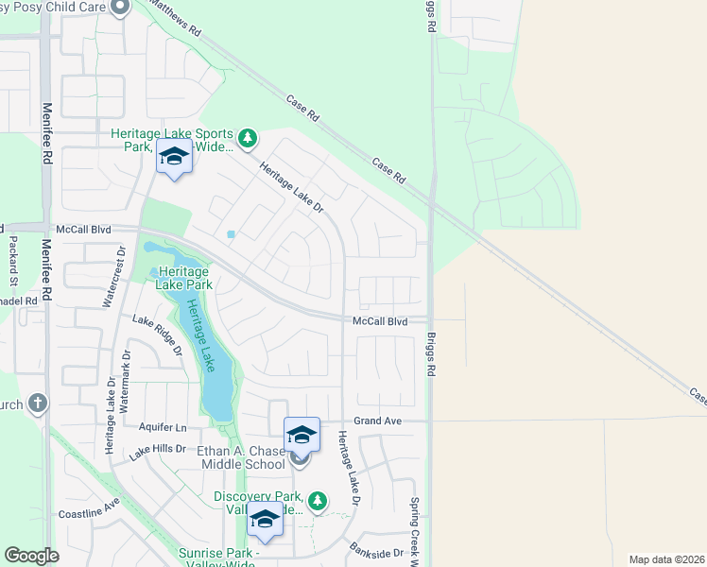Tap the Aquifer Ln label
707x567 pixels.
pos(162,427)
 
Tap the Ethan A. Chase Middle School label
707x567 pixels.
pos(241,457)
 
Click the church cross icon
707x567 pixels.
pos(38,404)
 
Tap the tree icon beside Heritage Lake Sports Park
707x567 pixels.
pos(247,139)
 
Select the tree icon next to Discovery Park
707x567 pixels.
pos(319,499)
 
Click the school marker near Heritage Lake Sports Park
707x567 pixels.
pos(174,156)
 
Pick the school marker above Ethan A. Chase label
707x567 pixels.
pos(302,435)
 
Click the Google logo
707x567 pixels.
pos(31,556)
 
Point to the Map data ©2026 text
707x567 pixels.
pos(667,559)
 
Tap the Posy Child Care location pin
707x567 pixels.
pos(119,8)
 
